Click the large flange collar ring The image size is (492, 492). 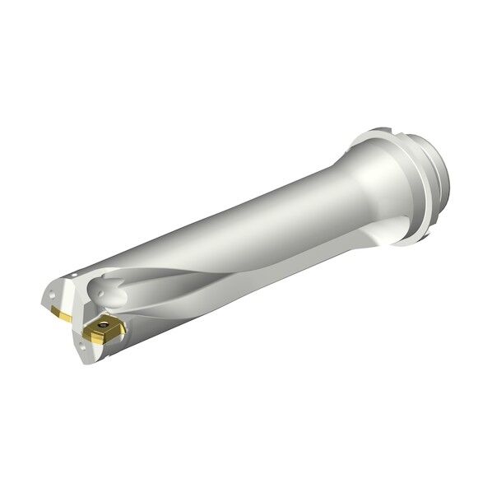click(395, 185)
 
